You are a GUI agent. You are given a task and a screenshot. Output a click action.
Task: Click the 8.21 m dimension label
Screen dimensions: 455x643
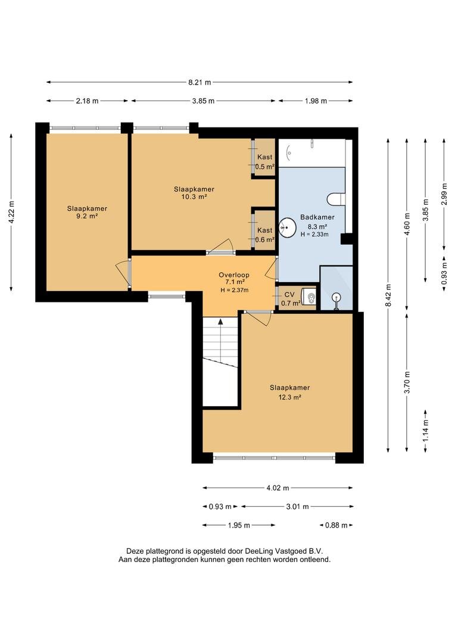coord(200,82)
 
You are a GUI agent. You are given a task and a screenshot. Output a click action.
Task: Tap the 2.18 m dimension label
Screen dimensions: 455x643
coord(87,101)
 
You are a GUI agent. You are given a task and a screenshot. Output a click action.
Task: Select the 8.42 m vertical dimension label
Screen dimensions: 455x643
coord(388,295)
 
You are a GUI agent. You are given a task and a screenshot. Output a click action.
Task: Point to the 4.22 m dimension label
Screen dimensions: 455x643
coord(11,212)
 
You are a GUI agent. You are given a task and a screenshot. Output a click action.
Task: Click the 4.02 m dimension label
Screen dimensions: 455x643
coord(278,488)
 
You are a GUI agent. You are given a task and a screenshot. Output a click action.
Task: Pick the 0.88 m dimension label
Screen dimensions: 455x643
coord(336,525)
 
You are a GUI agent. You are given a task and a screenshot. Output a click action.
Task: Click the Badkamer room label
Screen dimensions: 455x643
coord(317,217)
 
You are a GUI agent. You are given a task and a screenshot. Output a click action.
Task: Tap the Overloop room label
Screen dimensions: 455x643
coord(234,275)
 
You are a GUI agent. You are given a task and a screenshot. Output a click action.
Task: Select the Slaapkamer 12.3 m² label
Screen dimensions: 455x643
coord(289,392)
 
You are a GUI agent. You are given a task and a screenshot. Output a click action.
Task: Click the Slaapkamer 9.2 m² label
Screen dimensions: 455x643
coord(87,213)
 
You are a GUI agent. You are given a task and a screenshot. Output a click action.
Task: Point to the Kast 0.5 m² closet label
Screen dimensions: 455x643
coord(264,162)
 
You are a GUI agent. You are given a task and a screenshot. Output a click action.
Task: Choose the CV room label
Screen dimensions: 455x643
coord(289,295)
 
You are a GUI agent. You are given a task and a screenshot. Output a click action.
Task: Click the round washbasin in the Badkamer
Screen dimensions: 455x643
coord(287,227)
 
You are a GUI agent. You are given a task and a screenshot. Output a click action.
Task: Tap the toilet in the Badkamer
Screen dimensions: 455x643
coord(336,199)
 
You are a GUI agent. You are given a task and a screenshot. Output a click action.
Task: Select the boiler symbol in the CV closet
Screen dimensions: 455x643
coord(309,296)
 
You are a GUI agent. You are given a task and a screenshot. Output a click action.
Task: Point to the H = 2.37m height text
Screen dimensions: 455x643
coord(234,290)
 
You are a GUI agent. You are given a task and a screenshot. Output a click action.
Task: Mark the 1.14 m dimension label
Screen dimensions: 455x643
coord(425,431)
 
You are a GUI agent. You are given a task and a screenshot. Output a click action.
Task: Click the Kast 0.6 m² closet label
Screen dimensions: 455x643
coord(264,235)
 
